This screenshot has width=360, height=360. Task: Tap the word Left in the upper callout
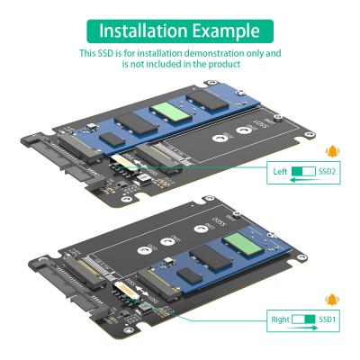tap(281, 171)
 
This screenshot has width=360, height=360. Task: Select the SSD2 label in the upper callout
tap(328, 171)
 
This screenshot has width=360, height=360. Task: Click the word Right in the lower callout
tap(281, 319)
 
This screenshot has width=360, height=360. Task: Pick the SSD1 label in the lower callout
tap(328, 319)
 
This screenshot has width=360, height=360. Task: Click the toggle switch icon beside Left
tap(304, 171)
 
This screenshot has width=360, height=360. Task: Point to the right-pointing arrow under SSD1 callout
tap(306, 328)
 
